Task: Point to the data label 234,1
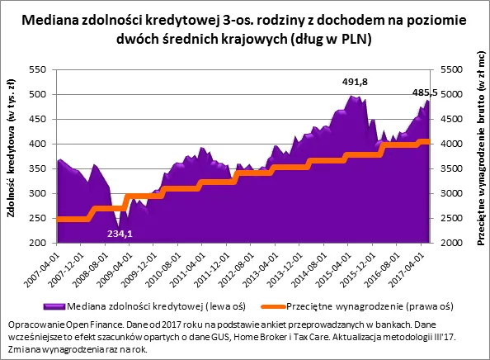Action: point(121,234)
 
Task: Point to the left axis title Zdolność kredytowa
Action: point(12,157)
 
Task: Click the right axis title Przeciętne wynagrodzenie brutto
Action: point(479,157)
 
